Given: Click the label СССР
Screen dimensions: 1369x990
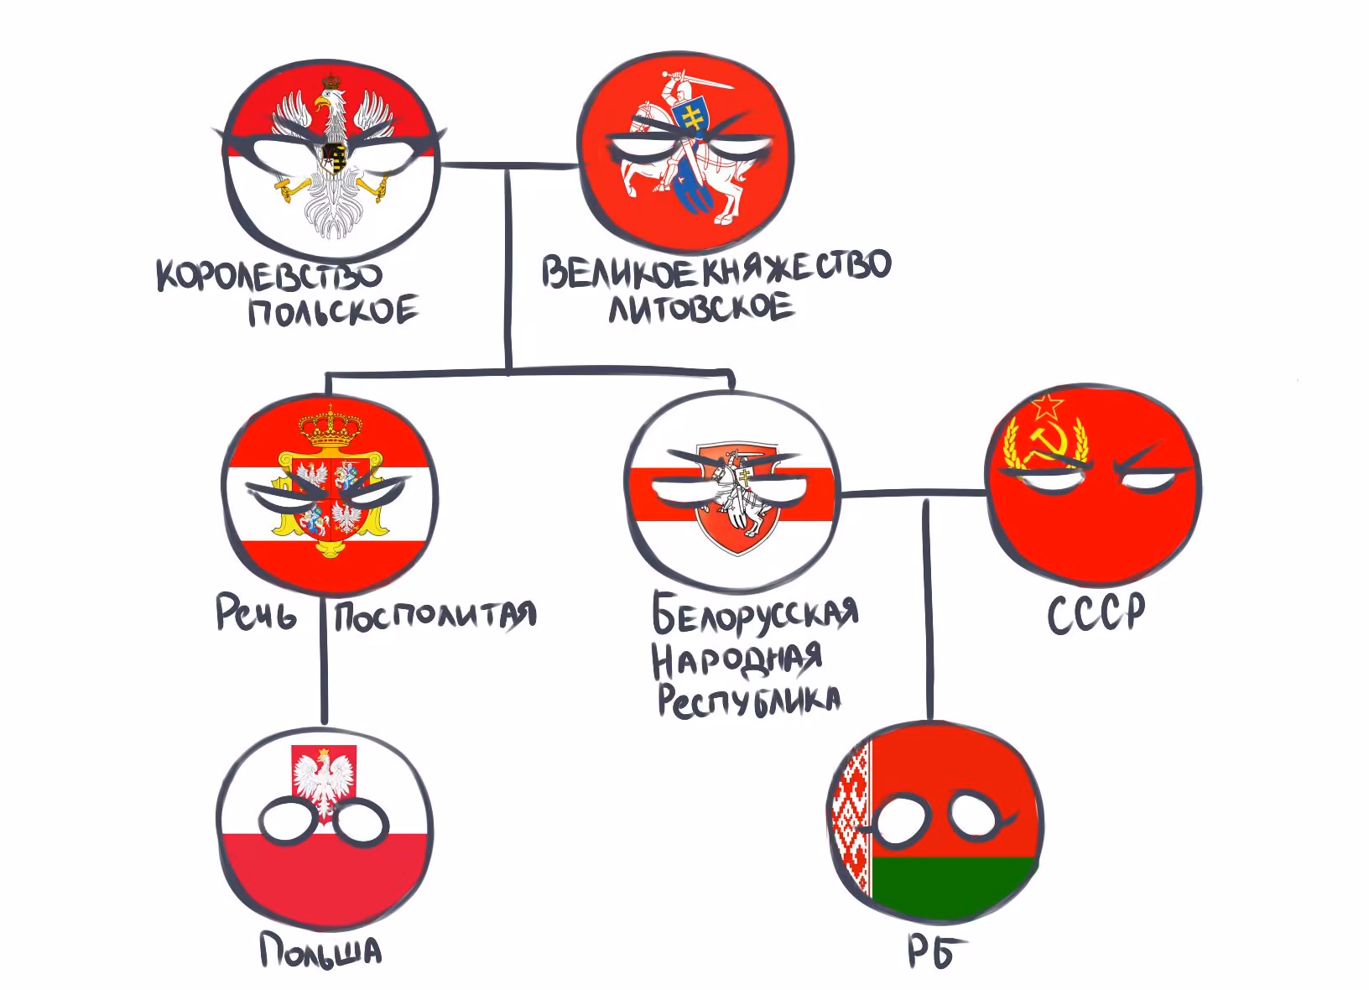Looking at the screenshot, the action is tap(1096, 613).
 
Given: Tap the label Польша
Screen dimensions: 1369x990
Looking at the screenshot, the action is tap(320, 951).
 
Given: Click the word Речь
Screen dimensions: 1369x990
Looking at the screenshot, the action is tap(256, 613).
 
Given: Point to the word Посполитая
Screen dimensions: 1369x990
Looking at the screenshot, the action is tap(435, 615).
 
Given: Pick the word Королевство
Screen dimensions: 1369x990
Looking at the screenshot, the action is tap(269, 276).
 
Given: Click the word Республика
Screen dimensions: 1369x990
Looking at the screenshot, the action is tap(748, 701).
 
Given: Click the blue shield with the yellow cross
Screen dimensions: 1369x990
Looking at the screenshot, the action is tap(692, 120).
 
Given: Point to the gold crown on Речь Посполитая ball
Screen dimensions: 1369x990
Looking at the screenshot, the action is tap(330, 426).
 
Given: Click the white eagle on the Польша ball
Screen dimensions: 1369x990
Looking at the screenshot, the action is tap(324, 780).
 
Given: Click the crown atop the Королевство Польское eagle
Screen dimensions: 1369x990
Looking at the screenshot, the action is tap(331, 81).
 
